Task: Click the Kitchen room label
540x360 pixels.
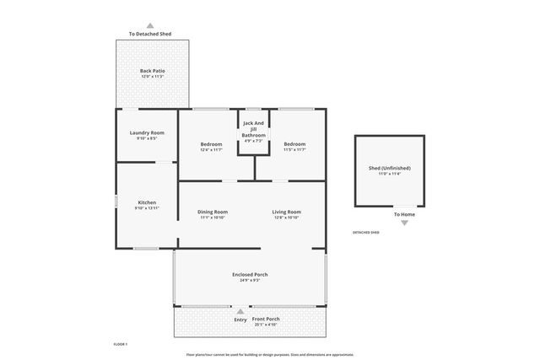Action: coord(147,202)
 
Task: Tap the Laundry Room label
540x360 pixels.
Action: coord(147,133)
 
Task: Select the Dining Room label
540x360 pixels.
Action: coord(213,212)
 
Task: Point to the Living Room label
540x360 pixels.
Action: coord(286,212)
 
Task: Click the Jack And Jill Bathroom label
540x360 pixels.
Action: coord(253,130)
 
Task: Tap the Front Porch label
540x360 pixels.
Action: coord(267,319)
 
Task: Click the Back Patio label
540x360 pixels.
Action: coord(152,71)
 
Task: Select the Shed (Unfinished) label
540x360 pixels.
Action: coord(389,169)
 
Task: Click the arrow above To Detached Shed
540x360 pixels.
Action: coord(150,25)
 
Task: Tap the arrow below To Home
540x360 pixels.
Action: coord(403,223)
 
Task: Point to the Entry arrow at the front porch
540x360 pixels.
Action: coord(240,312)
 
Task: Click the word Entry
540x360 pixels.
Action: coord(240,320)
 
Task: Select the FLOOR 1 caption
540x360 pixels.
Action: coord(121,344)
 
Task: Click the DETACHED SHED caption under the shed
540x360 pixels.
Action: coord(365,232)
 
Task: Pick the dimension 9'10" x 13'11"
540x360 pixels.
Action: coord(147,207)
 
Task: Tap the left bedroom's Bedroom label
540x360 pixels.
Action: coord(211,144)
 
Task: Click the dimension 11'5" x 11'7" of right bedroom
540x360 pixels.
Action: coord(294,149)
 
